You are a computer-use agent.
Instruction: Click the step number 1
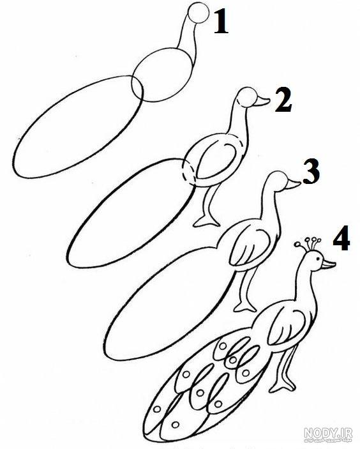click(221, 22)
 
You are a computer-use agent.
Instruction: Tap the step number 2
click(283, 100)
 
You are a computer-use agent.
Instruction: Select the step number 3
click(311, 171)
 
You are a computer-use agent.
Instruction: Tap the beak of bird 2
click(262, 101)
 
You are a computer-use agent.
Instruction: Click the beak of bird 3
click(293, 185)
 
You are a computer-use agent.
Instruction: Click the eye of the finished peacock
click(318, 258)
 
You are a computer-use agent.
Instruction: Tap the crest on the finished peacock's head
click(308, 244)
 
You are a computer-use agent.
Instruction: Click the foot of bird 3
click(245, 307)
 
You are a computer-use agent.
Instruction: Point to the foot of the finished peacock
click(282, 386)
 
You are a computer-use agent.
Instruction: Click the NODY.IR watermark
click(328, 433)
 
